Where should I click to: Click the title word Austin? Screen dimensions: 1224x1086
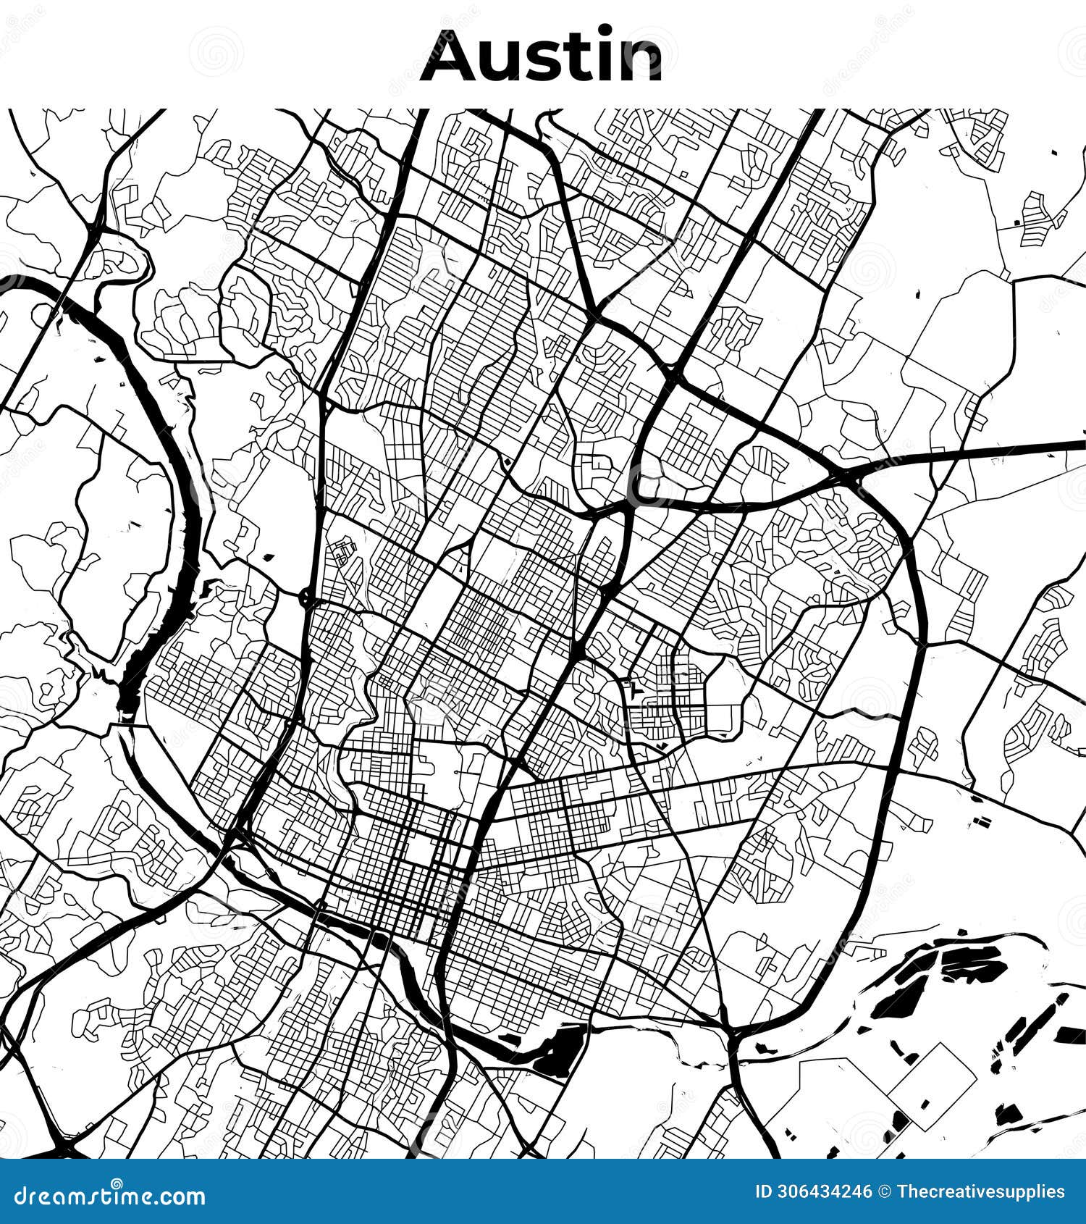(542, 56)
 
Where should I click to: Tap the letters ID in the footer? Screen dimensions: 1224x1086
(765, 1192)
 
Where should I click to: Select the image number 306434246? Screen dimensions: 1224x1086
(825, 1192)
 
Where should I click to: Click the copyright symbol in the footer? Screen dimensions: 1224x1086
(885, 1192)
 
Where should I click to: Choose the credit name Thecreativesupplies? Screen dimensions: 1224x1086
(981, 1192)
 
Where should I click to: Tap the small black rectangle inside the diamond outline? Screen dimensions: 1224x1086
(925, 1104)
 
